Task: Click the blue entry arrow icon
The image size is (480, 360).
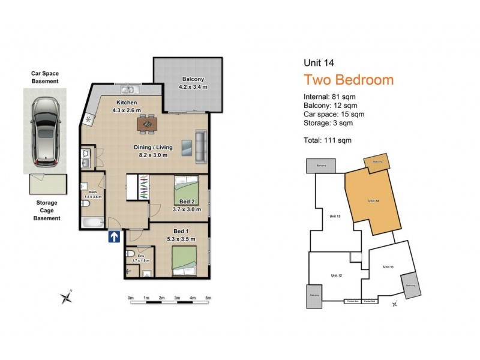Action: tap(113, 238)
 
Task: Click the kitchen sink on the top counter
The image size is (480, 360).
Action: tap(129, 90)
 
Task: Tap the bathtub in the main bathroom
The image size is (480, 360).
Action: tap(92, 224)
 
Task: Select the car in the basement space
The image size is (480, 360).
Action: tap(45, 130)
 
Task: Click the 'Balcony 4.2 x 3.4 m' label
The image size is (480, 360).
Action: tap(193, 83)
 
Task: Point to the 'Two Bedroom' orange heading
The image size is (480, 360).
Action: tap(348, 80)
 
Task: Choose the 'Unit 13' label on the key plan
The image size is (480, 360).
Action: tap(335, 216)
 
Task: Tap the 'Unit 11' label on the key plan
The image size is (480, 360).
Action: tap(388, 266)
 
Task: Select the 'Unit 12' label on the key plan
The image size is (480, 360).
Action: tap(336, 275)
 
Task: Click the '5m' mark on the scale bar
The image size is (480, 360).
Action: tap(208, 298)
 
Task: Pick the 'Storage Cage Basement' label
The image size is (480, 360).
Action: tap(46, 211)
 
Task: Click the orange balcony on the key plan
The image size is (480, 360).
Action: tap(377, 162)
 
